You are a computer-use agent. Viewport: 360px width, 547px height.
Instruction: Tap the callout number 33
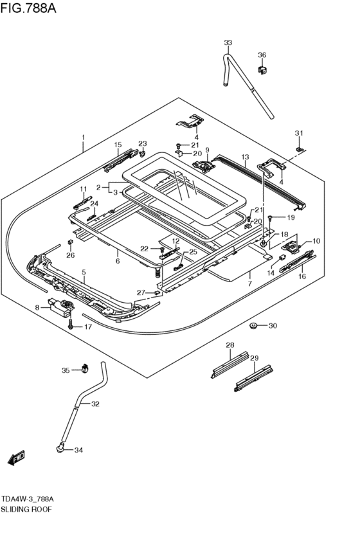(228, 42)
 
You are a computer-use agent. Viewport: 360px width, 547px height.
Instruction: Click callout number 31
(298, 133)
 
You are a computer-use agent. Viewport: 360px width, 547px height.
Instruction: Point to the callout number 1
(83, 138)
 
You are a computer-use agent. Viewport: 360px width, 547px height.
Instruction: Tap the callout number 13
(244, 157)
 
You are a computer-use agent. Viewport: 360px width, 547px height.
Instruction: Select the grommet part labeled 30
(254, 327)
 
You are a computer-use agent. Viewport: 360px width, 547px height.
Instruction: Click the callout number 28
(230, 346)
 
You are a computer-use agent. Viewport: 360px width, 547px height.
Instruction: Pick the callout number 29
(254, 357)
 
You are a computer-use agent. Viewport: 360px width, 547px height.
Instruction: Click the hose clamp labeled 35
(84, 369)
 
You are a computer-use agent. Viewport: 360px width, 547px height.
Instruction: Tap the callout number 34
(79, 450)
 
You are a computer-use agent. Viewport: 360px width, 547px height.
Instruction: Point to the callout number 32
(95, 404)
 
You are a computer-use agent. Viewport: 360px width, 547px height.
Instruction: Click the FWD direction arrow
(17, 457)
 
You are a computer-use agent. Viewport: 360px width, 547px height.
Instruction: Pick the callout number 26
(70, 255)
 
